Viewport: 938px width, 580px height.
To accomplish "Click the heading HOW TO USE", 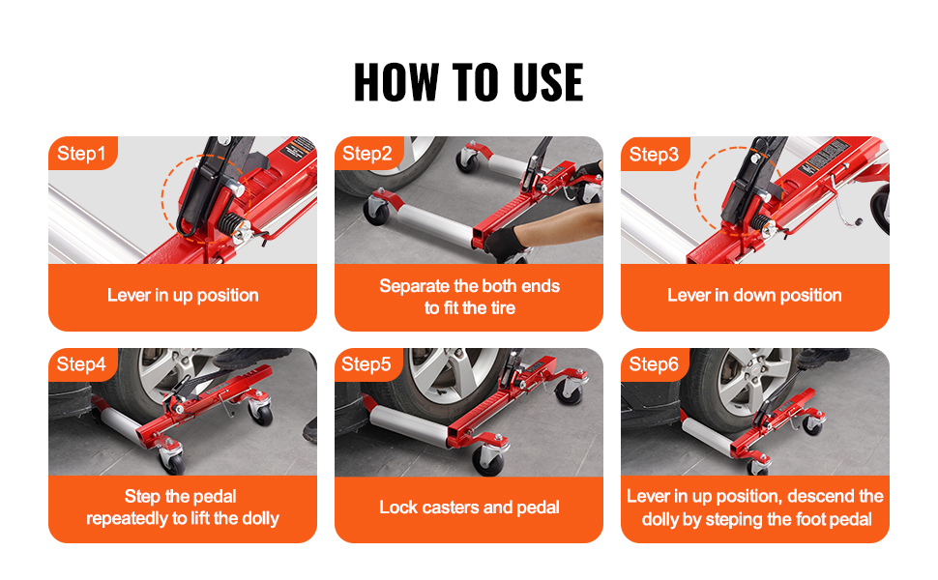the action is click(x=468, y=82).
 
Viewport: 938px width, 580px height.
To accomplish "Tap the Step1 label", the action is click(x=81, y=154).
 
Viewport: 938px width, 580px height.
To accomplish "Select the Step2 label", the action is click(x=366, y=154).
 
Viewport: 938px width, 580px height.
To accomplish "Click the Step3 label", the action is click(x=654, y=155).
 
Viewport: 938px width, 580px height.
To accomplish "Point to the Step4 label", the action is click(x=81, y=364).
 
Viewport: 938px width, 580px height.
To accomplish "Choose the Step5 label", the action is click(x=366, y=364).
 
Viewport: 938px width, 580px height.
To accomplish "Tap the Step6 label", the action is click(x=654, y=364).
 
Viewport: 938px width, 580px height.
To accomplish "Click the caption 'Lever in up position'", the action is click(x=183, y=296).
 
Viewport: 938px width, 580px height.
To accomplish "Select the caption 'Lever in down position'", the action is click(x=754, y=296).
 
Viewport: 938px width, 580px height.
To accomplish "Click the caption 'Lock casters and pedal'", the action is click(x=469, y=507).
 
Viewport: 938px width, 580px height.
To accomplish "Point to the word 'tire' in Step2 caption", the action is click(x=503, y=308).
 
